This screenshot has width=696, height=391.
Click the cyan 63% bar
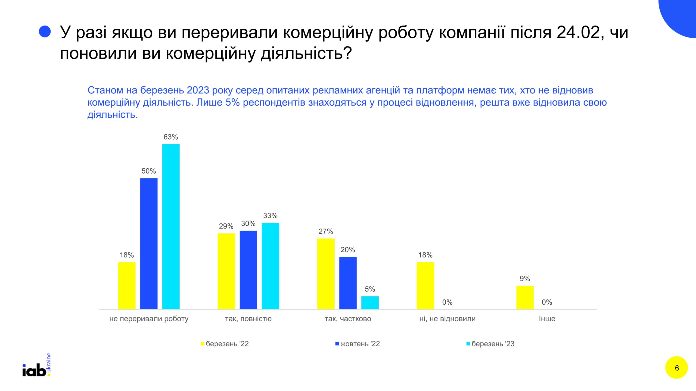click(171, 226)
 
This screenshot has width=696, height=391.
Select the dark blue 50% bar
click(149, 244)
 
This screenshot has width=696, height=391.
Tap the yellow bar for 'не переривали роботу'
click(127, 285)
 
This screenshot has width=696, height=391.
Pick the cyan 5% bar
click(370, 302)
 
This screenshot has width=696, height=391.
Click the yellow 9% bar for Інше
click(525, 297)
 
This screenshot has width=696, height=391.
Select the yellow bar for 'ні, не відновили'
click(425, 285)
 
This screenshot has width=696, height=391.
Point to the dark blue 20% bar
click(348, 283)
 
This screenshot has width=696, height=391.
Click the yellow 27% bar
click(326, 274)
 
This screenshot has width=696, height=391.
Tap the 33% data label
click(270, 216)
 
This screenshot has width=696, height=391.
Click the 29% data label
click(226, 226)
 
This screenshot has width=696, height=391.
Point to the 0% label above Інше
click(547, 302)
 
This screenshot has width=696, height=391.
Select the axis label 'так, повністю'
click(248, 319)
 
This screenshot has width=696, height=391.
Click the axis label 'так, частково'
click(348, 319)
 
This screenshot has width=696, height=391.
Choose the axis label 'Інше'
click(547, 319)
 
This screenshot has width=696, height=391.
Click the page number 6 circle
click(676, 368)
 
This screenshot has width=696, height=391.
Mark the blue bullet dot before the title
click(45, 31)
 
